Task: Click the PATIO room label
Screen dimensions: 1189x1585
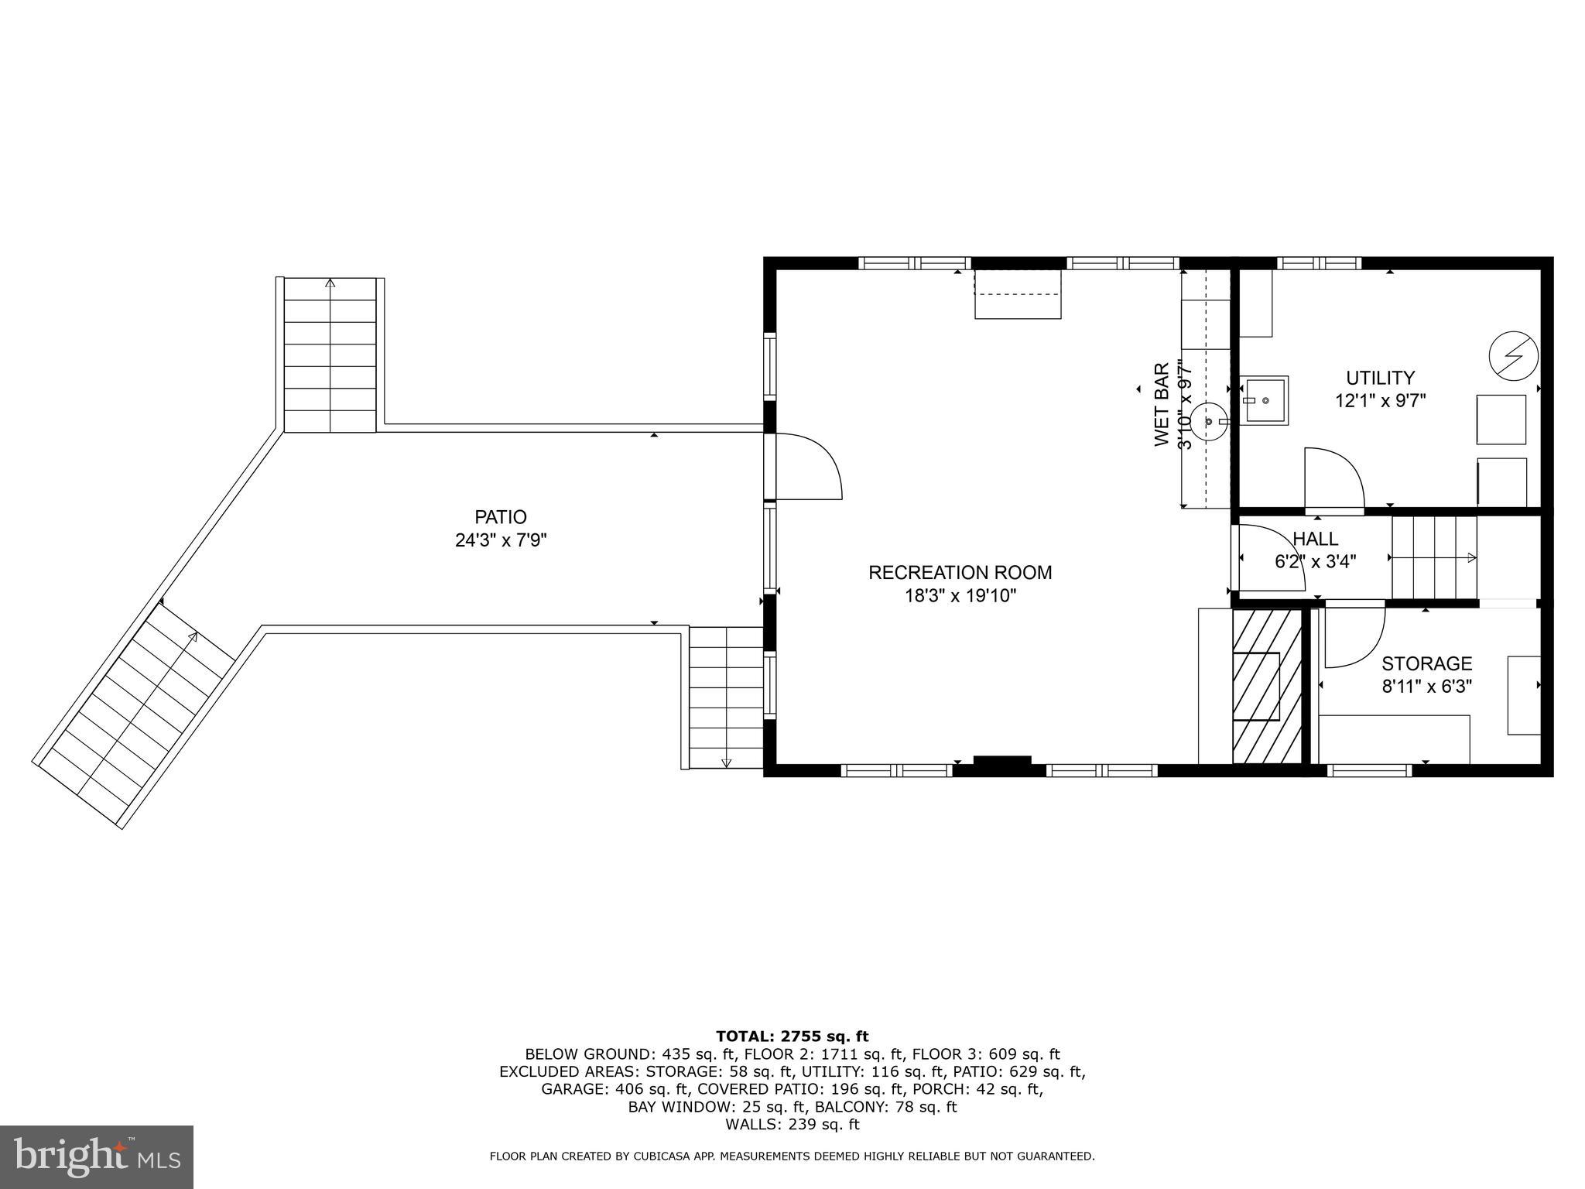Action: click(x=501, y=516)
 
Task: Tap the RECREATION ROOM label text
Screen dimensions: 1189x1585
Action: click(x=960, y=573)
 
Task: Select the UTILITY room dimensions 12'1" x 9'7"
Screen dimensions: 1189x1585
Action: click(x=1380, y=401)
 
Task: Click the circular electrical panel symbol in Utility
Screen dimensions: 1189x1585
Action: click(x=1513, y=356)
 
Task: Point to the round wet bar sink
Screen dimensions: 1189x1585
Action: click(x=1208, y=422)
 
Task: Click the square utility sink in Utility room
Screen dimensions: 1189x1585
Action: click(x=1266, y=400)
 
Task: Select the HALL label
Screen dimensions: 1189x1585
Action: click(x=1315, y=539)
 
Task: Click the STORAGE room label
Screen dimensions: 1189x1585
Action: click(x=1426, y=663)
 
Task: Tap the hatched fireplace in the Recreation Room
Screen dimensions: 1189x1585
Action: click(x=1266, y=686)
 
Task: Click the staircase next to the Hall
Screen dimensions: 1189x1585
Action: click(x=1434, y=557)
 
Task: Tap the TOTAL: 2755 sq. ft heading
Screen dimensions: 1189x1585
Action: click(x=792, y=1037)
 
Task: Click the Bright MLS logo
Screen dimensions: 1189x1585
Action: click(x=96, y=1157)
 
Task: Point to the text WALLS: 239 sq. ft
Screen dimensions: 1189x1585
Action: click(x=792, y=1125)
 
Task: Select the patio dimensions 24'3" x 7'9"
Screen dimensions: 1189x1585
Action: click(x=501, y=540)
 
